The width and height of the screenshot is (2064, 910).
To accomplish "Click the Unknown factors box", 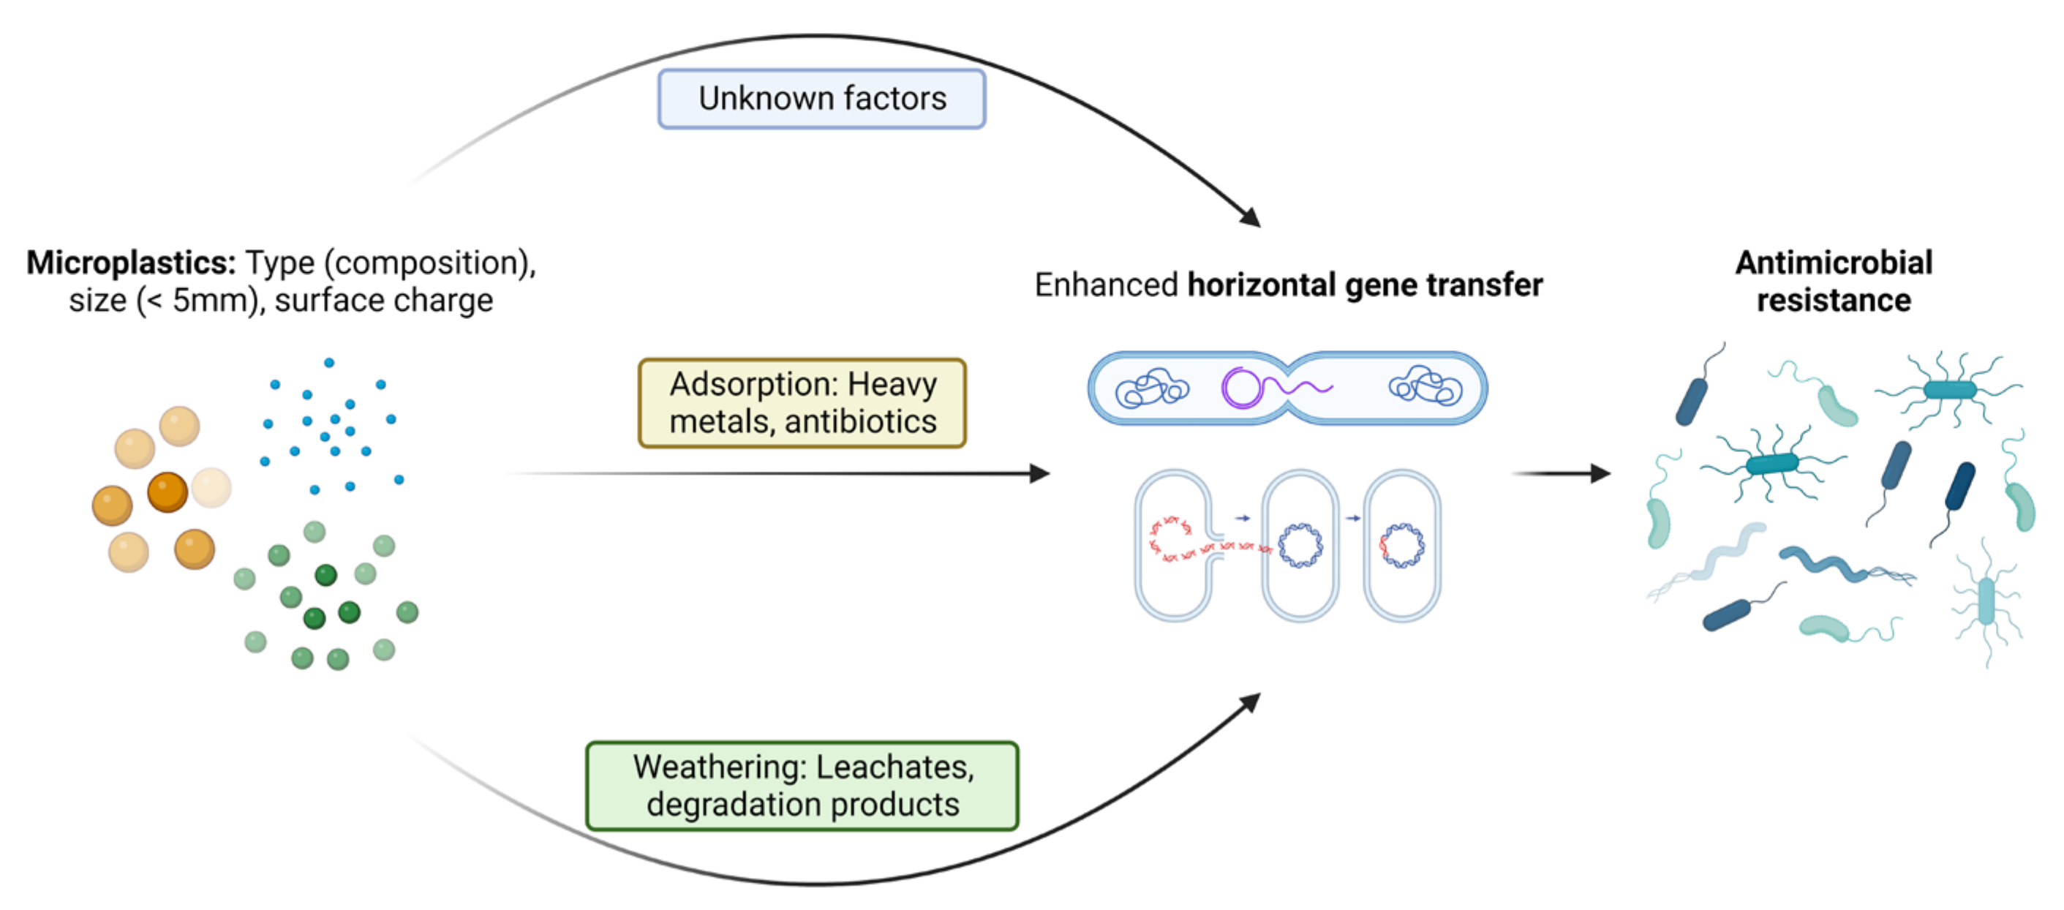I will point(821,99).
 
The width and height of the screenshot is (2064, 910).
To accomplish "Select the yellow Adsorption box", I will point(802,403).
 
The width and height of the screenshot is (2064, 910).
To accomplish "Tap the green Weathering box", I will point(802,785).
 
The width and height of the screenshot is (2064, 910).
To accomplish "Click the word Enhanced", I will point(1106,285).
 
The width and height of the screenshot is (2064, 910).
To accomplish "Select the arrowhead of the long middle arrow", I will point(1039,473).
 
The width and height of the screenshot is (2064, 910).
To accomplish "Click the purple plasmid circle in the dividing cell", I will point(1241,388).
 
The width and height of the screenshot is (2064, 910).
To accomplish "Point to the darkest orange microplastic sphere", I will point(167,491).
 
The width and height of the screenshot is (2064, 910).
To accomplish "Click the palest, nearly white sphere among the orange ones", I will point(211,487).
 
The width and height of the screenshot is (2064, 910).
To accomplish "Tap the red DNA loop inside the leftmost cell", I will point(1172,538).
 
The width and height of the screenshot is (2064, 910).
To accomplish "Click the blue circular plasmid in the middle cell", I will point(1300,546).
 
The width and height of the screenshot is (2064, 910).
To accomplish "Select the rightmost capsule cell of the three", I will point(1401,546).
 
